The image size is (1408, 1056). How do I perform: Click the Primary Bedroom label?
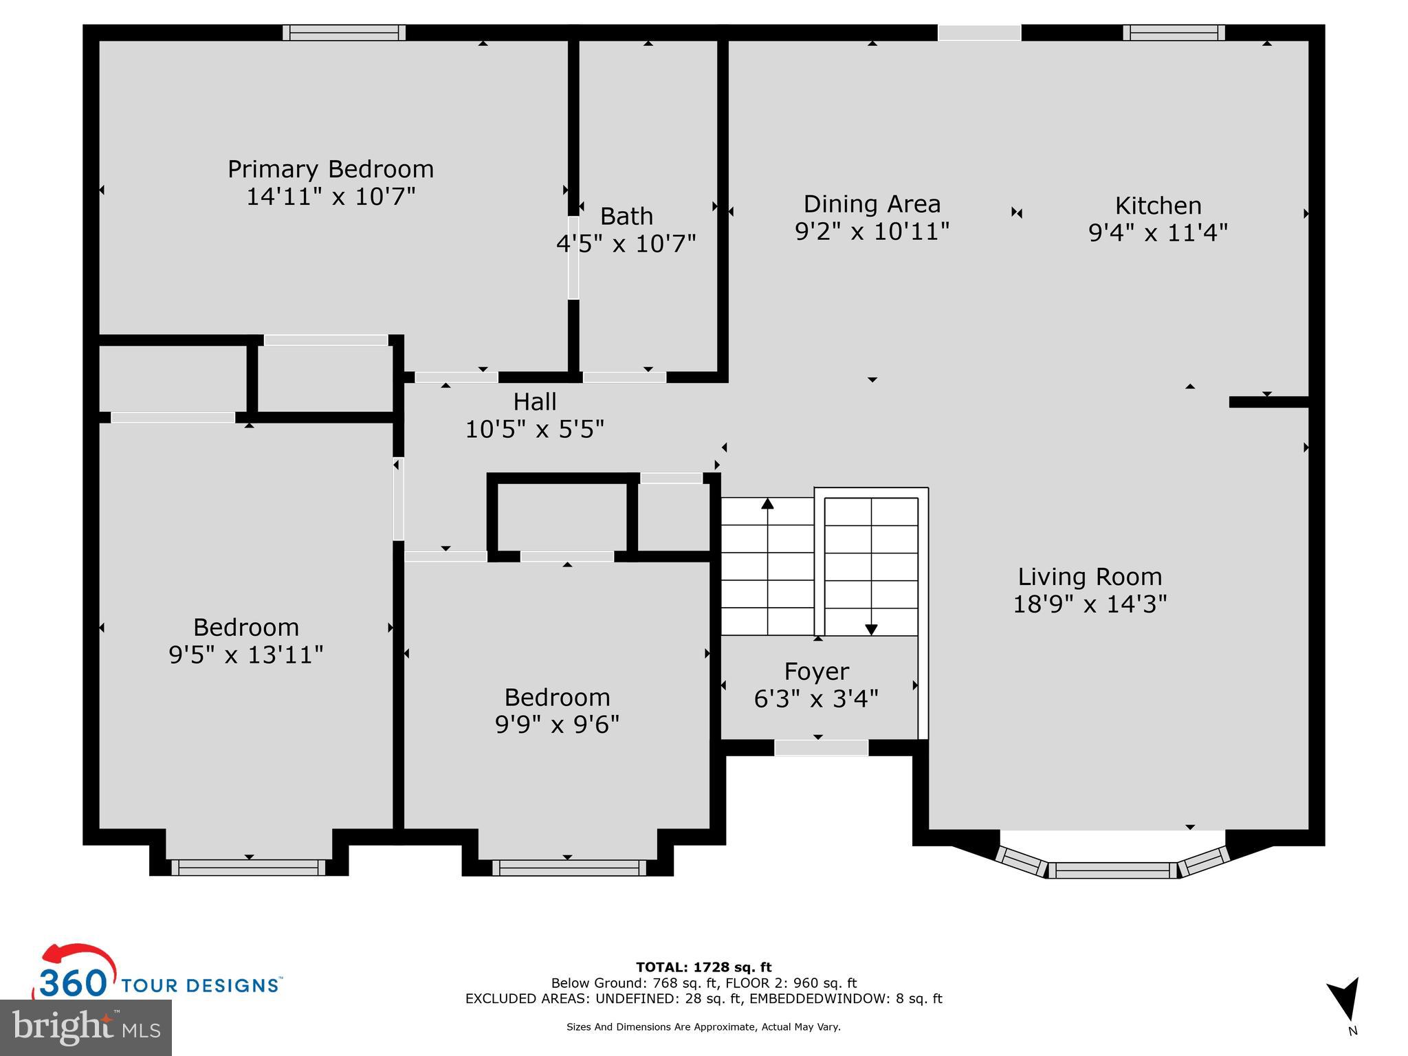(x=331, y=169)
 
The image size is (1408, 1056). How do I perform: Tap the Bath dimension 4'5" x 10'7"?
(x=626, y=243)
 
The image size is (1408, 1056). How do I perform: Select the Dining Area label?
(x=872, y=204)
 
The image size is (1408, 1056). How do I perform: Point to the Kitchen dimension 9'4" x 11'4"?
(x=1158, y=233)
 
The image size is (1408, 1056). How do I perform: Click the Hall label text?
(x=535, y=401)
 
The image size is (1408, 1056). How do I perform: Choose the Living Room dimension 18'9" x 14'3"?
(x=1090, y=604)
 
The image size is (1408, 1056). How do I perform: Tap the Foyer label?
(x=817, y=671)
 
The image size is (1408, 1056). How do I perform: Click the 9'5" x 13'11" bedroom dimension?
(x=246, y=654)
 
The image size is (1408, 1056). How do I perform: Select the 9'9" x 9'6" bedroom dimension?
(x=557, y=725)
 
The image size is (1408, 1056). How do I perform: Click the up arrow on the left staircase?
(x=767, y=504)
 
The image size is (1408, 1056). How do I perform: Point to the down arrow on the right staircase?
(x=871, y=628)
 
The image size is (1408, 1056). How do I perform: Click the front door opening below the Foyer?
(x=821, y=748)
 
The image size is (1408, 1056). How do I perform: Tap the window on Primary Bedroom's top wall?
(x=344, y=33)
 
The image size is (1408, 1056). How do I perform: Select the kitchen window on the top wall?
(x=1174, y=33)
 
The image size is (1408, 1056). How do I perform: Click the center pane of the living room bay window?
(x=1112, y=870)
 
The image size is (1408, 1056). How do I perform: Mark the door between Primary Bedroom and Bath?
(x=573, y=258)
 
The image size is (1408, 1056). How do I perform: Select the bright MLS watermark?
(x=86, y=1027)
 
